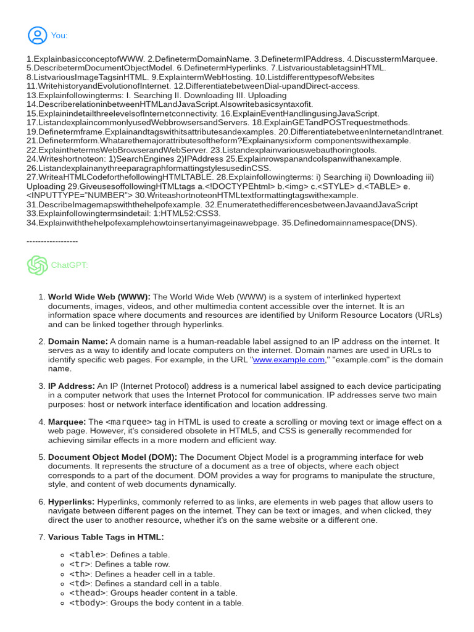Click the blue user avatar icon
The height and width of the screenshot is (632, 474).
click(37, 35)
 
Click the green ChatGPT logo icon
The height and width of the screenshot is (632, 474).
click(37, 265)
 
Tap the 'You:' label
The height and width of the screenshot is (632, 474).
click(59, 36)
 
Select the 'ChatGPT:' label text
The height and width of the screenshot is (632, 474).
click(69, 265)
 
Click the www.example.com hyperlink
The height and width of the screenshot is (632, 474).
click(288, 360)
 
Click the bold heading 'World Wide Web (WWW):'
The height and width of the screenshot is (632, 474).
click(99, 297)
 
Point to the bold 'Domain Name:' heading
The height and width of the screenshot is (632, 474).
click(78, 341)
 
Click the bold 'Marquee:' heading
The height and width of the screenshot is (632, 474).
click(67, 422)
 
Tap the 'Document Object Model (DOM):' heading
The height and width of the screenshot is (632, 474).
click(112, 457)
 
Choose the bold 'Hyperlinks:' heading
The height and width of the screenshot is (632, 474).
click(72, 502)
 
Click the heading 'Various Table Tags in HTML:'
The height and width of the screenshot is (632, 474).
click(106, 537)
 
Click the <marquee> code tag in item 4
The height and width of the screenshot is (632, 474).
click(128, 422)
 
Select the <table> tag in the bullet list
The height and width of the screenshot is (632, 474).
click(87, 555)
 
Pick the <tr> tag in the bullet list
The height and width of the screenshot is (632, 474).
click(80, 564)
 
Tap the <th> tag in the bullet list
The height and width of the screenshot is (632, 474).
click(80, 574)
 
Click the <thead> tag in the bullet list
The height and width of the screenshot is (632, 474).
click(87, 593)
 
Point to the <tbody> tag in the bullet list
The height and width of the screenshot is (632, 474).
click(87, 603)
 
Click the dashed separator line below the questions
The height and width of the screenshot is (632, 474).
click(52, 241)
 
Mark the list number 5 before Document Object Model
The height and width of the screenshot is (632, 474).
click(41, 457)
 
